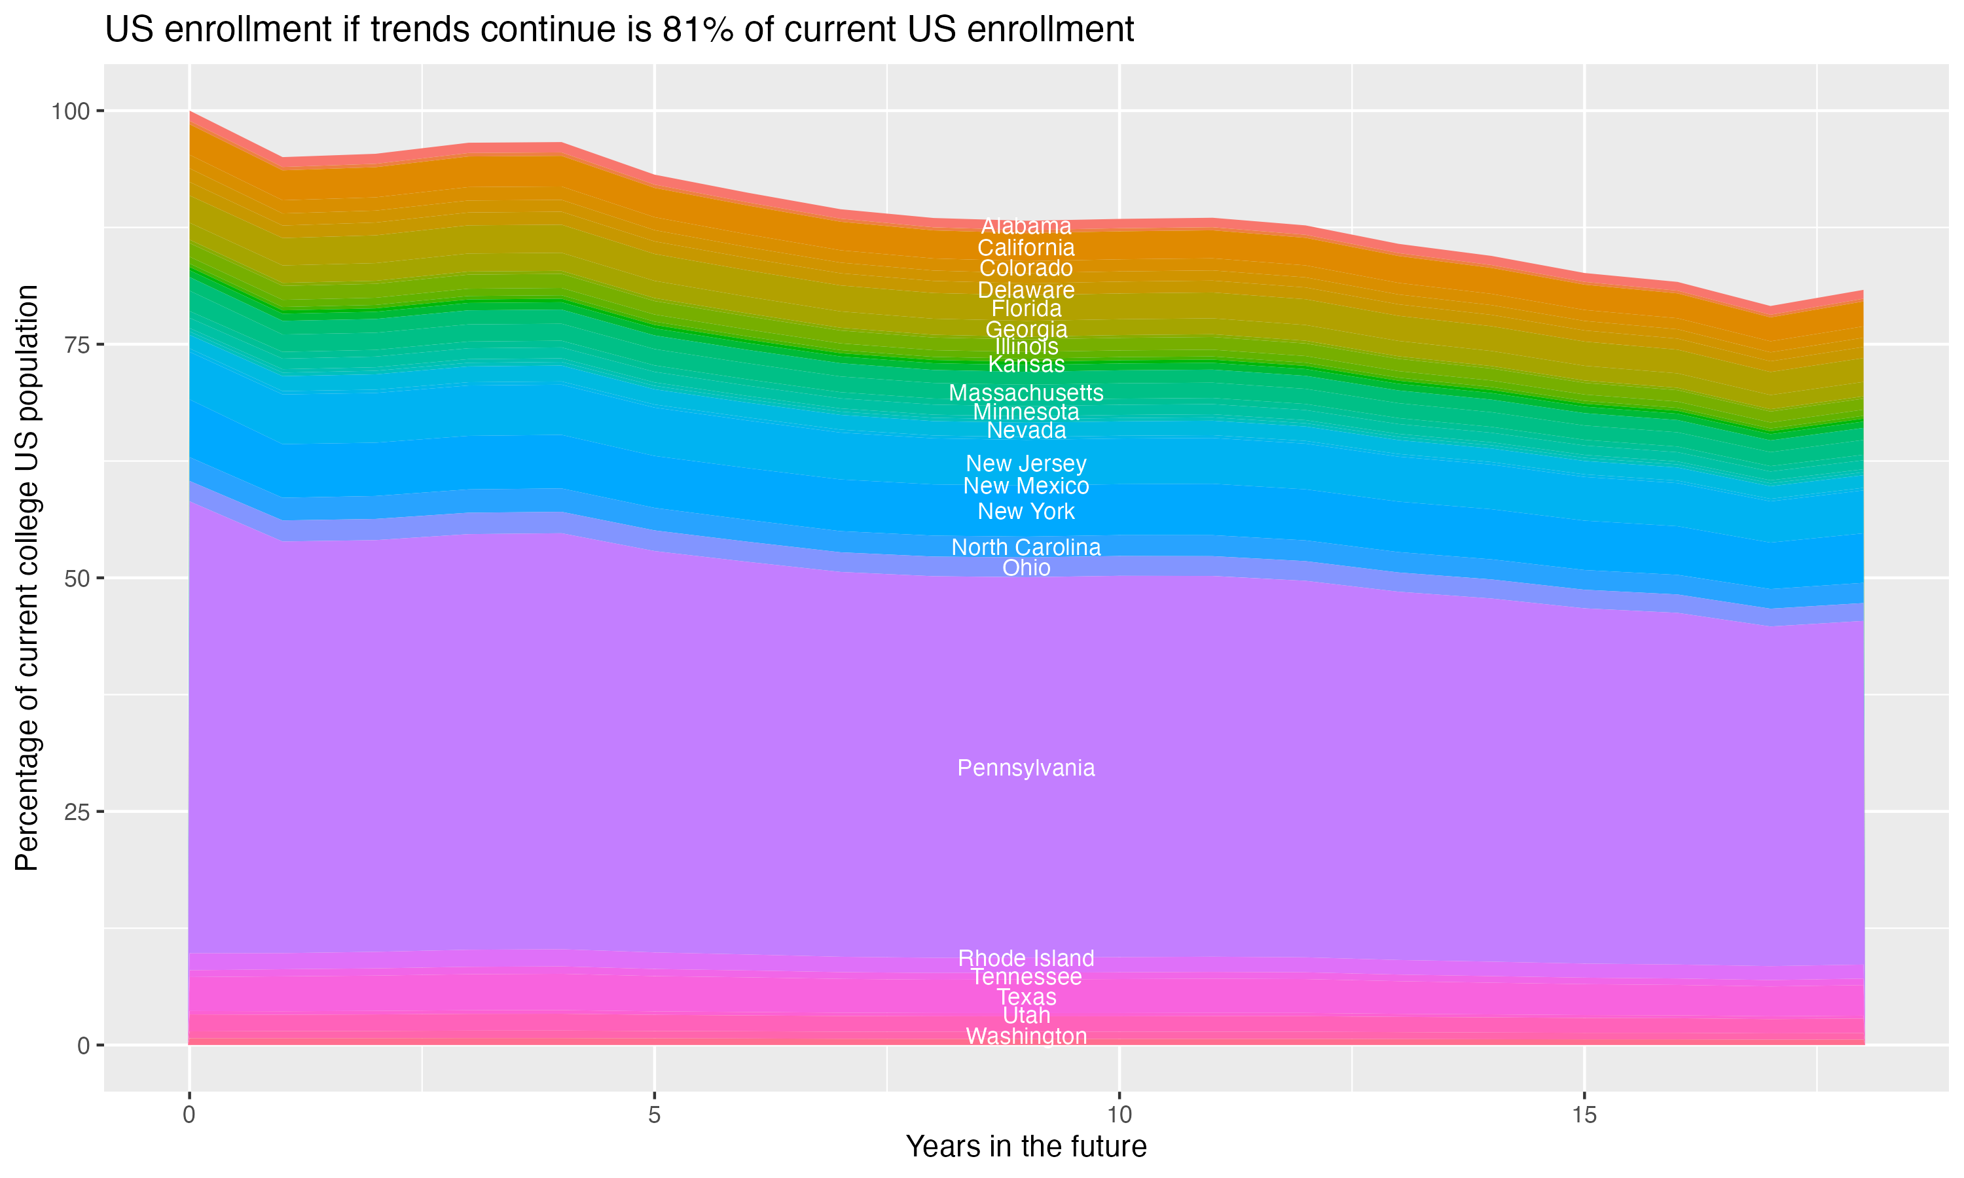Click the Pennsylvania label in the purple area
[x=1026, y=768]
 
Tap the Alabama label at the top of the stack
[x=1026, y=226]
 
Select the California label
[x=1026, y=247]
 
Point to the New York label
[x=1026, y=511]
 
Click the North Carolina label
[x=1026, y=547]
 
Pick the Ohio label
[x=1026, y=567]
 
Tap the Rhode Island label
[x=1026, y=958]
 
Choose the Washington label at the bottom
[x=1026, y=1036]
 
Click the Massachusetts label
[x=1026, y=393]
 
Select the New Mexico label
[x=1026, y=486]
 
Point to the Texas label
[x=1026, y=997]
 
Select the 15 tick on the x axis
[x=1584, y=1115]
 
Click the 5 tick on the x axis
[x=654, y=1115]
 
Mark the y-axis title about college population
[x=27, y=578]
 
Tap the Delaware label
[x=1026, y=290]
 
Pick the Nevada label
[x=1026, y=430]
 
